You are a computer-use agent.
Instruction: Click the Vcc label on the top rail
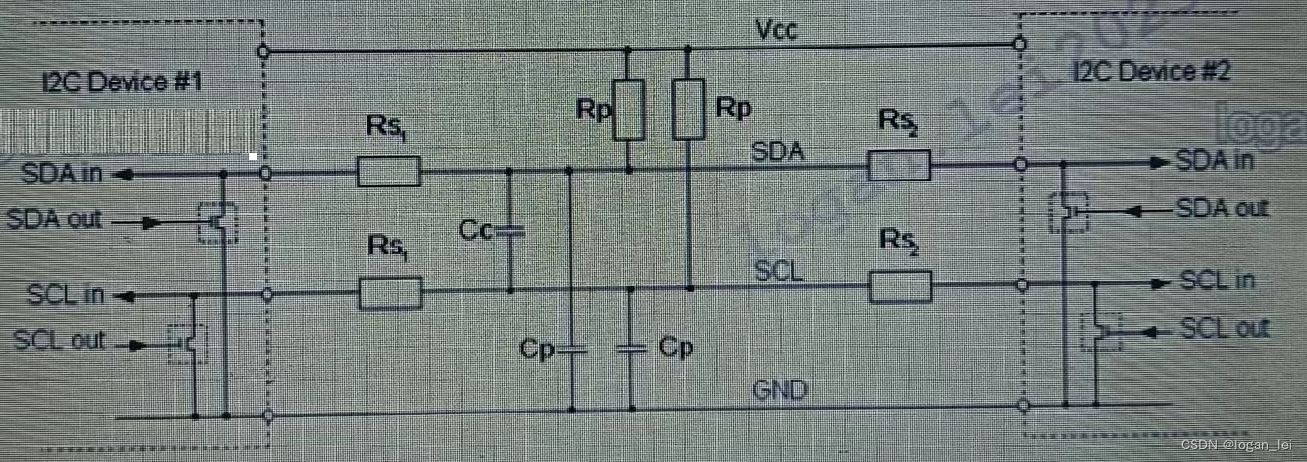click(776, 30)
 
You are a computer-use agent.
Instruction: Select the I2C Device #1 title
click(121, 82)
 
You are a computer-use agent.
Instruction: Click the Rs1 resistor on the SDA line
click(389, 173)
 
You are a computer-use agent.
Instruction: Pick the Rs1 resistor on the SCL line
click(390, 291)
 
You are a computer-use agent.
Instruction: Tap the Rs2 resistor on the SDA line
click(898, 166)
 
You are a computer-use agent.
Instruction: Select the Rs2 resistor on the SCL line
click(900, 286)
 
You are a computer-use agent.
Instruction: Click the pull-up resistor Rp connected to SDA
click(630, 109)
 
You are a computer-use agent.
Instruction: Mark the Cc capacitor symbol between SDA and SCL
click(510, 231)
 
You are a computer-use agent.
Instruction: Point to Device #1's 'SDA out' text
click(54, 218)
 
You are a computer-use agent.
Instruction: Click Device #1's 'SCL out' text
click(59, 341)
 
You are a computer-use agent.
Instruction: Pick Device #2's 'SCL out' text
click(1224, 329)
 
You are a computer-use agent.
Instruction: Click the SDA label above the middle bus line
click(778, 152)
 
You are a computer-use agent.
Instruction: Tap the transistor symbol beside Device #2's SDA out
click(1069, 211)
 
